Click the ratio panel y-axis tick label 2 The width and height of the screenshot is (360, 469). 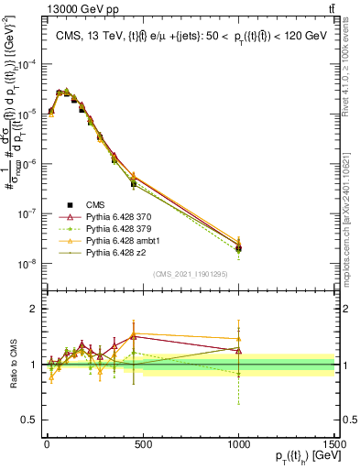(32, 309)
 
